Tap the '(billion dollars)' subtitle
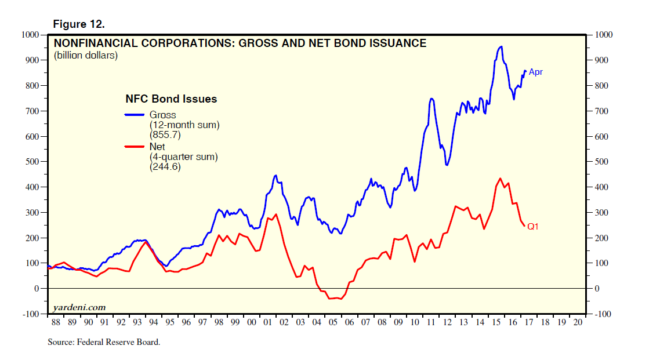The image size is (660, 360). tap(85, 56)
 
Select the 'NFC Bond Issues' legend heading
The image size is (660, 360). tap(171, 99)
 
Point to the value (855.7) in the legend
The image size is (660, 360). tap(165, 135)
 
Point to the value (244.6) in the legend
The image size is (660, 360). tap(165, 168)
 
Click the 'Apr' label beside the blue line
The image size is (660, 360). tap(535, 72)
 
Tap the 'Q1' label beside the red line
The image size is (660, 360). tap(532, 227)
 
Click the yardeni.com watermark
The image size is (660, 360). tap(79, 307)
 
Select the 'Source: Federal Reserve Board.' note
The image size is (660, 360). tap(104, 342)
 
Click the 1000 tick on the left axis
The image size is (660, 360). tap(30, 35)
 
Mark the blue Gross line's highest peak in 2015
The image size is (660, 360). tap(501, 46)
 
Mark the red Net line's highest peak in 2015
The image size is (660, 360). tap(500, 179)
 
